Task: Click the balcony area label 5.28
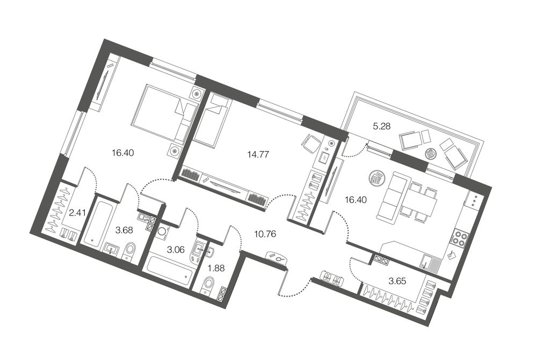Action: pos(381,127)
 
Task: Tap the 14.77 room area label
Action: pos(258,155)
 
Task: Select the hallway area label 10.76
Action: pos(265,234)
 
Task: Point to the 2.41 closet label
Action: pos(77,213)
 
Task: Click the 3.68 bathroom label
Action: pos(124,230)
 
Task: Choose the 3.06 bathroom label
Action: pos(176,250)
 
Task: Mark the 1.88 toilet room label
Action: pos(216,268)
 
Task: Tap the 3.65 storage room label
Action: pos(397,281)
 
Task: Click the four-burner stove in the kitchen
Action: pos(459,237)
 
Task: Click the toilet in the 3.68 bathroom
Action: pos(130,251)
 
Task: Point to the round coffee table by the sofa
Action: pos(376,178)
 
